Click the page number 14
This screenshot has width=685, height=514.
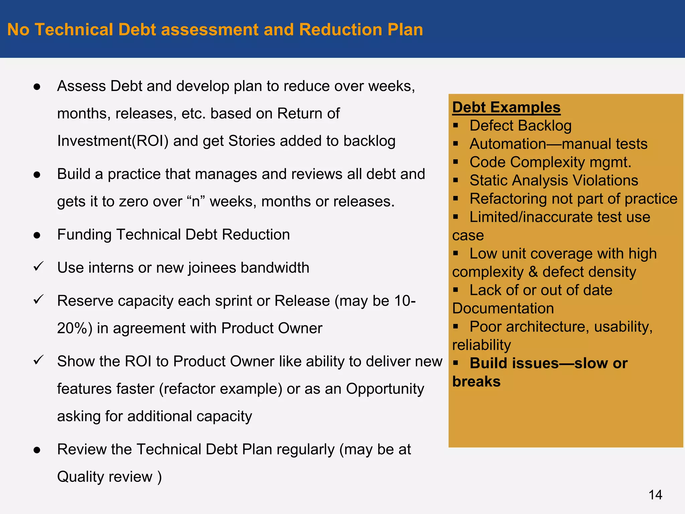point(655,495)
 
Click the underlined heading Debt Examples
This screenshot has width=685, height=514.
point(506,107)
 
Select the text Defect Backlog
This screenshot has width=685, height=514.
point(520,126)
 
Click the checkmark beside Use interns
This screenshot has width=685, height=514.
point(38,267)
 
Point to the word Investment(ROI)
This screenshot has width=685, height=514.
point(112,141)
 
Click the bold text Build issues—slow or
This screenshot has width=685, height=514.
point(549,363)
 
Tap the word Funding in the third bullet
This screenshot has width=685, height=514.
point(84,235)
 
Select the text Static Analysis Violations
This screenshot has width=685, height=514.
point(554,181)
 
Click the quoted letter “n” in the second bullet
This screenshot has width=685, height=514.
point(196,202)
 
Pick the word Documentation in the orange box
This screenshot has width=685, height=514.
point(503,309)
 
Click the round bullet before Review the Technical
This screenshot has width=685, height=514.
point(37,450)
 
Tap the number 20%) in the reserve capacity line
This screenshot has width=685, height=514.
point(75,328)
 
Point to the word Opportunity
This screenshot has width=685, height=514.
point(385,389)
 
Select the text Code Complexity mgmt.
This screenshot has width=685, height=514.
point(550,162)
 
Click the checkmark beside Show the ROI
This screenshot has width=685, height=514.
point(38,360)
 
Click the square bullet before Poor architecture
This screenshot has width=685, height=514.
point(456,326)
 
